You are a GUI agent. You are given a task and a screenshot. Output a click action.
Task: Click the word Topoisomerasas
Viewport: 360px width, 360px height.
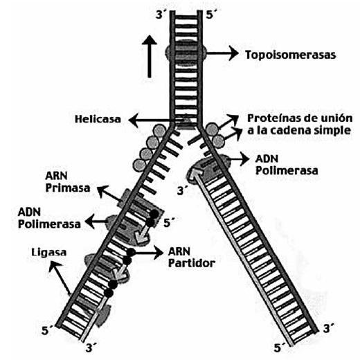pyautogui.click(x=291, y=55)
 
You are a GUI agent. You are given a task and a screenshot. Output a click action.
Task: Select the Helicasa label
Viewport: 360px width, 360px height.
pyautogui.click(x=98, y=119)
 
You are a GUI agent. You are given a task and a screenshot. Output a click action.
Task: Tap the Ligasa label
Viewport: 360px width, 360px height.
pyautogui.click(x=49, y=252)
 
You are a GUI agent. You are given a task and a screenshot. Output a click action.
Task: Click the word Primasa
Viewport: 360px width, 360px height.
pyautogui.click(x=68, y=188)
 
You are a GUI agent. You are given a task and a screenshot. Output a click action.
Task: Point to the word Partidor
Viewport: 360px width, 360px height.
pyautogui.click(x=192, y=263)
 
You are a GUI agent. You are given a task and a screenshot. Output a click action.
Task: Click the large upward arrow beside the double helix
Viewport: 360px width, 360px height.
pyautogui.click(x=150, y=56)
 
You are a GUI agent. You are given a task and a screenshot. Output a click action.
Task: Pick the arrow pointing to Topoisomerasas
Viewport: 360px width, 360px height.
pyautogui.click(x=222, y=53)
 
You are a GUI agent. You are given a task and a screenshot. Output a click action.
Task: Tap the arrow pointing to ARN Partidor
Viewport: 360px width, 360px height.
pyautogui.click(x=147, y=253)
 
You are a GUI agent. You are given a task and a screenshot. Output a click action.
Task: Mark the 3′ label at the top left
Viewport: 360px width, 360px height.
pyautogui.click(x=160, y=15)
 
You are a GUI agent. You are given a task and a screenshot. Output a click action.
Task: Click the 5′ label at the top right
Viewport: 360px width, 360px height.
pyautogui.click(x=210, y=15)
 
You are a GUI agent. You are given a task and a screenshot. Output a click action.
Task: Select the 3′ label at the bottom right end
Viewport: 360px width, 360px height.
pyautogui.click(x=329, y=328)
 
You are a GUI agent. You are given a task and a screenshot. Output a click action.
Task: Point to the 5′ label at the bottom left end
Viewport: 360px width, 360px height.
pyautogui.click(x=48, y=330)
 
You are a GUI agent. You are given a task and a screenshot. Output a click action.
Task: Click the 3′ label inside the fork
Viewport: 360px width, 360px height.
pyautogui.click(x=182, y=190)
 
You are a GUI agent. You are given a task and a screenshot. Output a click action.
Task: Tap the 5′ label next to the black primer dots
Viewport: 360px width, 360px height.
pyautogui.click(x=169, y=222)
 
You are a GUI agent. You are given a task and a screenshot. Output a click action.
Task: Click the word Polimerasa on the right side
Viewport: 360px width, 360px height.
pyautogui.click(x=287, y=171)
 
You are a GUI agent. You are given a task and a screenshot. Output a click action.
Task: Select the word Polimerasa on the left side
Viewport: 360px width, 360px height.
pyautogui.click(x=49, y=224)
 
